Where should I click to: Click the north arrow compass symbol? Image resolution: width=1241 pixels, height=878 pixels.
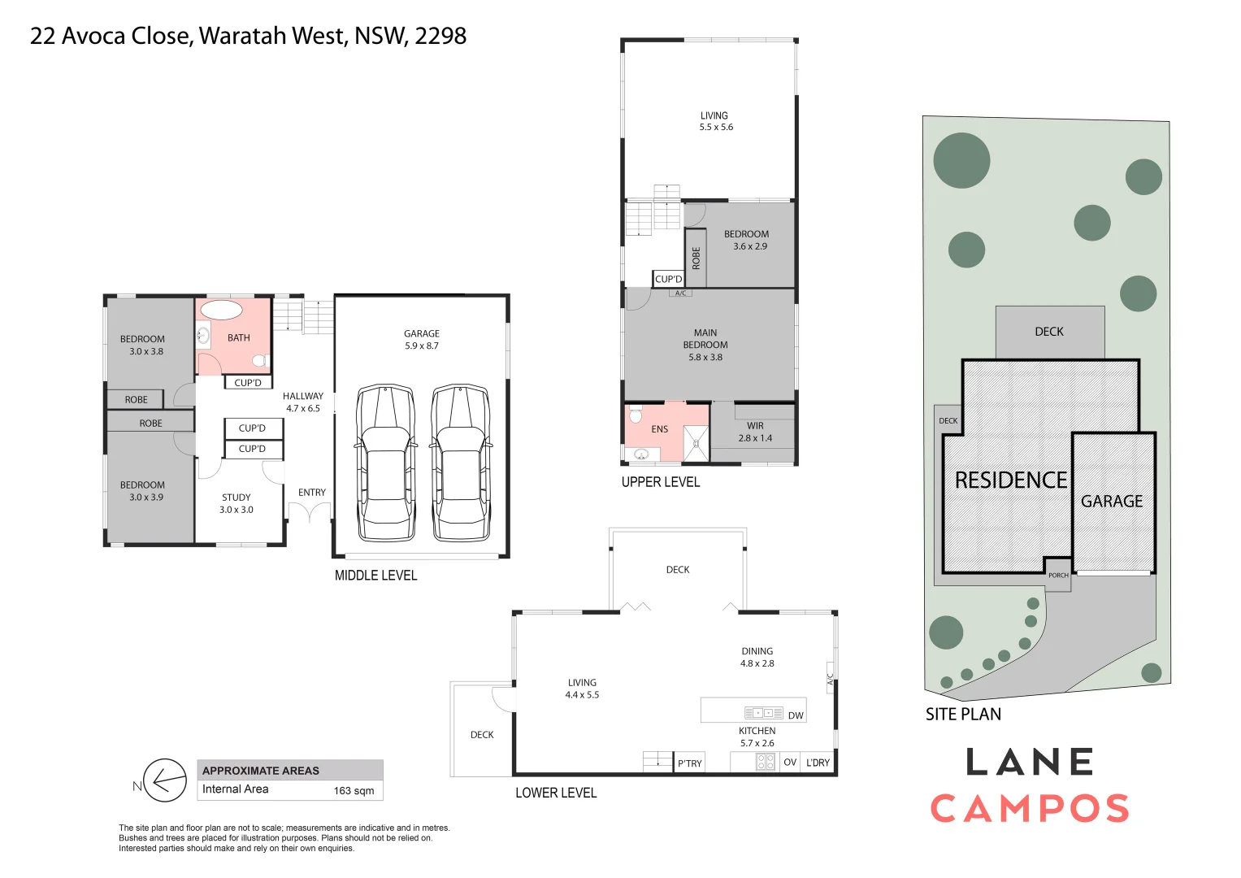coord(164,781)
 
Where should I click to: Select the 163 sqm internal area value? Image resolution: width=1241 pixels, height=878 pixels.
coord(354,790)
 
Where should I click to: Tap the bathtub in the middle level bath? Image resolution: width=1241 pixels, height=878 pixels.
coord(221,310)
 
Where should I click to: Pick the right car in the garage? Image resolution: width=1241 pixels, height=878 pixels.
coord(461,463)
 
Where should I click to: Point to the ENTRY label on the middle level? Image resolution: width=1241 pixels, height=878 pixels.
coord(311,493)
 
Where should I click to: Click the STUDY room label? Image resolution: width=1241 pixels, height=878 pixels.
coord(236,498)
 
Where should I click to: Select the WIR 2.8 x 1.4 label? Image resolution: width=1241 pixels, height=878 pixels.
coord(755,432)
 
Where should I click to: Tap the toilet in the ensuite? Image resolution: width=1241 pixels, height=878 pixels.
coord(636,414)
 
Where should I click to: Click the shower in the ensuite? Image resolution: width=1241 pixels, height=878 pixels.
coord(696,444)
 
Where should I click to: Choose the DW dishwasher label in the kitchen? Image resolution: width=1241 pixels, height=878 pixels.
coord(796,715)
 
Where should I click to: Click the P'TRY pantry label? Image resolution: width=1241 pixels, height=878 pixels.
coord(689,763)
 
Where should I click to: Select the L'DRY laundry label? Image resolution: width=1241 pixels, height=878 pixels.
coord(818,763)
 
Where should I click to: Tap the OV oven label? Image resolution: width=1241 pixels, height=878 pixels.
coord(789,763)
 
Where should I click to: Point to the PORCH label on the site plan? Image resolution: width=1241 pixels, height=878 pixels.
coord(1058,576)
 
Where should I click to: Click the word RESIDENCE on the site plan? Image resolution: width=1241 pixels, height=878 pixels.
coord(1010,480)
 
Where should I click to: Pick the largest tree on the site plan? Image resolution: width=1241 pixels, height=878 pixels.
coord(961,160)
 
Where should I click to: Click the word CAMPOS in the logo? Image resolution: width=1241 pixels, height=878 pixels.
coord(1030,809)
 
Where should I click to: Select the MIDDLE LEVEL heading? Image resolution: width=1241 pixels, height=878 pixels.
coord(375,576)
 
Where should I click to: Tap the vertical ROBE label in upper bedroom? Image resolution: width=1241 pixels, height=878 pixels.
coord(696,258)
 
